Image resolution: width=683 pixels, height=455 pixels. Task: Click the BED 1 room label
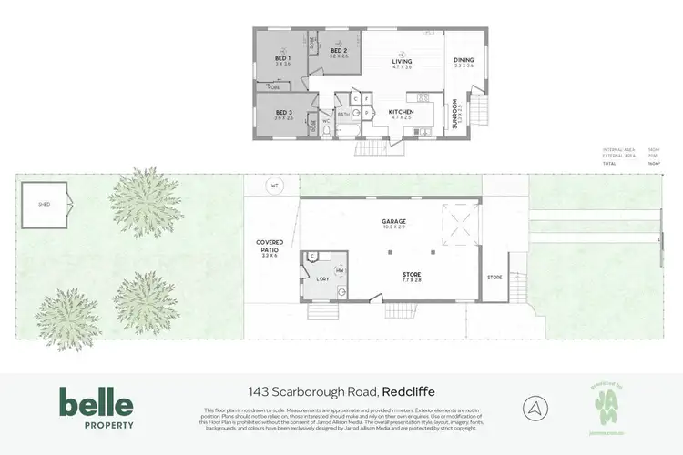click(281, 59)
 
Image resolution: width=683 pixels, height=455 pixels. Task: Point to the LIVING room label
click(403, 62)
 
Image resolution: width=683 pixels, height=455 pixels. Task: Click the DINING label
click(464, 61)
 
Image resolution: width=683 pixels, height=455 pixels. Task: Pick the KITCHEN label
click(402, 112)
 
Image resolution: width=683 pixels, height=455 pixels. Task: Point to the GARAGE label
click(393, 221)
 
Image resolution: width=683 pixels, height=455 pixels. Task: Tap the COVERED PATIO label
click(270, 246)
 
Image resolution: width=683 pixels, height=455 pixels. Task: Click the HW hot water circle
click(340, 271)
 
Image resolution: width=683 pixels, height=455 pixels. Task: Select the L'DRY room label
click(322, 279)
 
